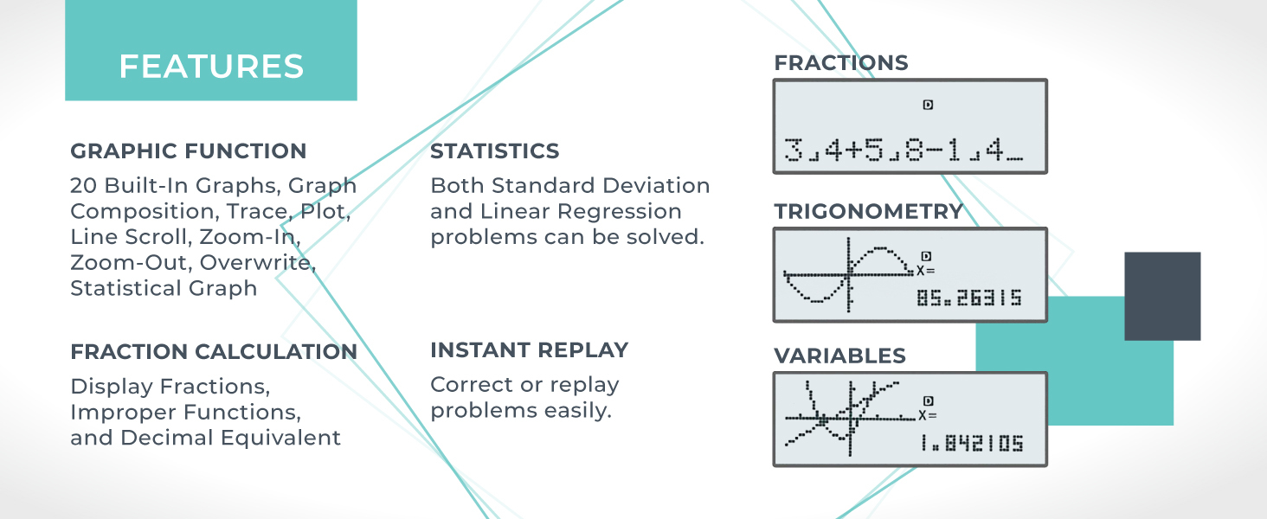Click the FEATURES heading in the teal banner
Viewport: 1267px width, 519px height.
click(211, 67)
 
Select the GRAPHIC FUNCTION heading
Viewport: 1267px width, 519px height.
click(188, 151)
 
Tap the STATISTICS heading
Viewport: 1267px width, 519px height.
click(494, 151)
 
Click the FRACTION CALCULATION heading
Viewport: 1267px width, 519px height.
click(213, 352)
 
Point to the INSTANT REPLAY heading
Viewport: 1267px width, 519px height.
click(529, 350)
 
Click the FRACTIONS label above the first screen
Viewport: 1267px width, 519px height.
click(840, 63)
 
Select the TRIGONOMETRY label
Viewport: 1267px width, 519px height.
click(868, 212)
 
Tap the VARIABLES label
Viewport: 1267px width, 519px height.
click(839, 356)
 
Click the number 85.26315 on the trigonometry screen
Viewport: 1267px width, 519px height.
click(968, 298)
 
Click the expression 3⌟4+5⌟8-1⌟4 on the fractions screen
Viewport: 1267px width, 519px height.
click(903, 151)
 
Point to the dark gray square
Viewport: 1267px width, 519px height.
click(1161, 296)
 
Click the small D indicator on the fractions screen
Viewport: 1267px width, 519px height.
click(928, 105)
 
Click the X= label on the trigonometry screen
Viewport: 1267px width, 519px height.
click(926, 270)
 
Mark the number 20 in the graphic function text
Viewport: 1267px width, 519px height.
click(83, 186)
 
